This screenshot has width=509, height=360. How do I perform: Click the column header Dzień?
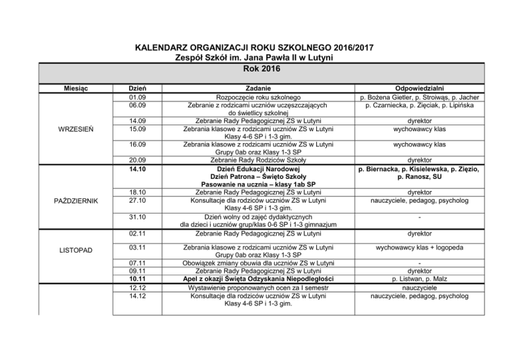[x=137, y=88]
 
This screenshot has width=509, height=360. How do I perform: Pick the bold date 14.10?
[x=137, y=169]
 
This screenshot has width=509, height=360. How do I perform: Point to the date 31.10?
[x=137, y=216]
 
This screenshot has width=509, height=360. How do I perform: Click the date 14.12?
[x=137, y=297]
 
